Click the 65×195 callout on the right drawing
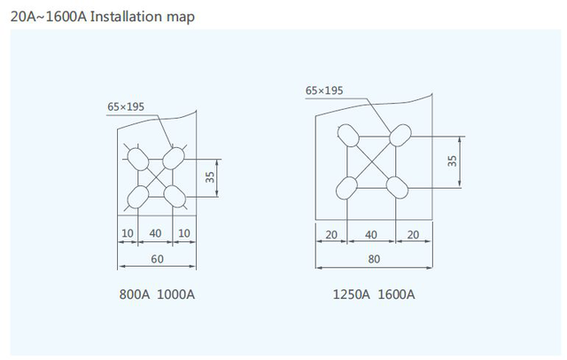tap(323, 90)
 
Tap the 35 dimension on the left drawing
tap(210, 176)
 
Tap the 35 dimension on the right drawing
tap(453, 161)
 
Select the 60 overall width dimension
tap(155, 259)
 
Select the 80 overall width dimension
tap(373, 259)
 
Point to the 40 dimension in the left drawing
tap(155, 232)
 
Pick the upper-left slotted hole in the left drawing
tap(138, 159)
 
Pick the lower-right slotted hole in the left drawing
tap(171, 194)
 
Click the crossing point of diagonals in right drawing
tap(373, 161)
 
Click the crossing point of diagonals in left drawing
tap(155, 176)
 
